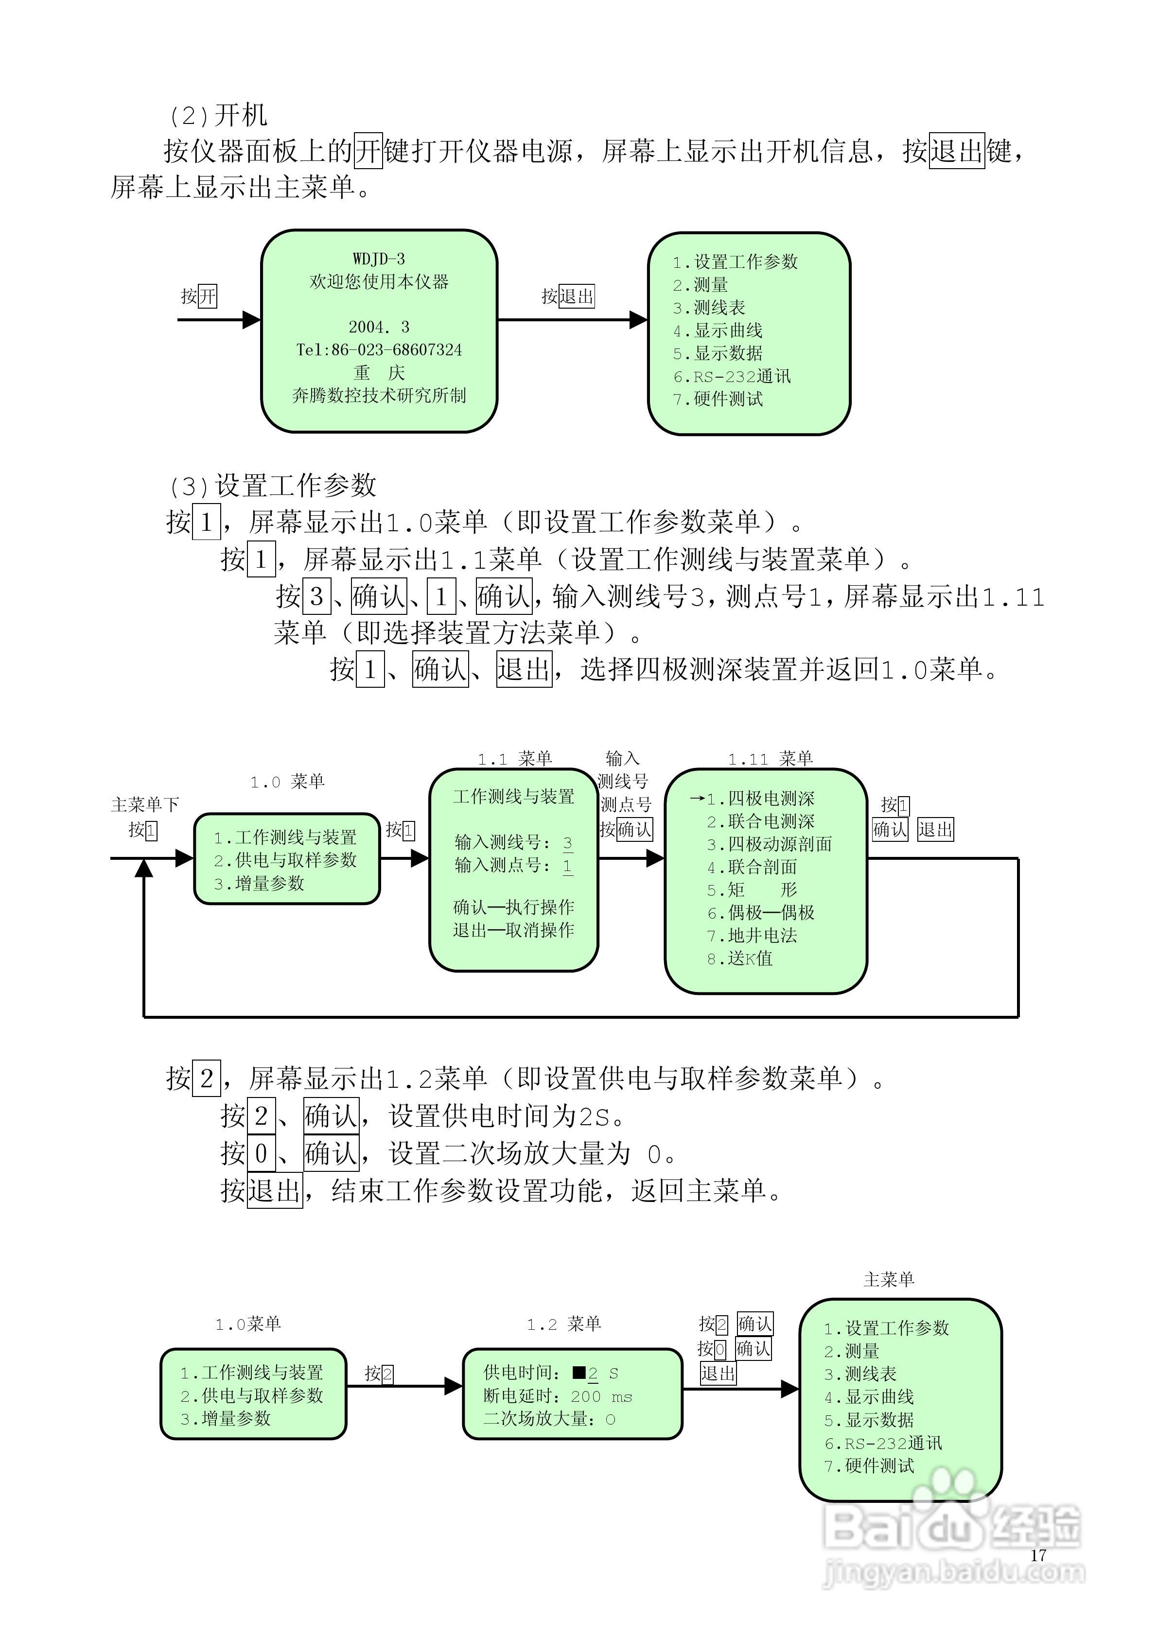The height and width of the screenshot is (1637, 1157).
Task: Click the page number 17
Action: point(1038,1555)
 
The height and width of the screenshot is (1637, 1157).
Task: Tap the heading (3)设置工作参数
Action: point(273,486)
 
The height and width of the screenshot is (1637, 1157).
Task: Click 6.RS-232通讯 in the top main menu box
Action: point(732,377)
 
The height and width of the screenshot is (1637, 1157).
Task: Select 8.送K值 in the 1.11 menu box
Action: point(740,959)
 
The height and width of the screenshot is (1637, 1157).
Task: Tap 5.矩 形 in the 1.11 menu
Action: point(752,890)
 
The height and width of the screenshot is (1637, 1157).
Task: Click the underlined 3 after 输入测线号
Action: point(568,843)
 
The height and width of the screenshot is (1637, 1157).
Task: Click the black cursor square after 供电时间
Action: point(579,1373)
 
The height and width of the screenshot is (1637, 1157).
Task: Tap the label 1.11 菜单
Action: point(771,759)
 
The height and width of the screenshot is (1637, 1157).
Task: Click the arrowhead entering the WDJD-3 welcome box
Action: point(252,320)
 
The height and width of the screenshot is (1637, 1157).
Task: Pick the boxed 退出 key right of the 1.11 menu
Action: point(935,829)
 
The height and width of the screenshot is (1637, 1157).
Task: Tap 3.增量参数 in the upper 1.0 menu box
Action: point(259,883)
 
